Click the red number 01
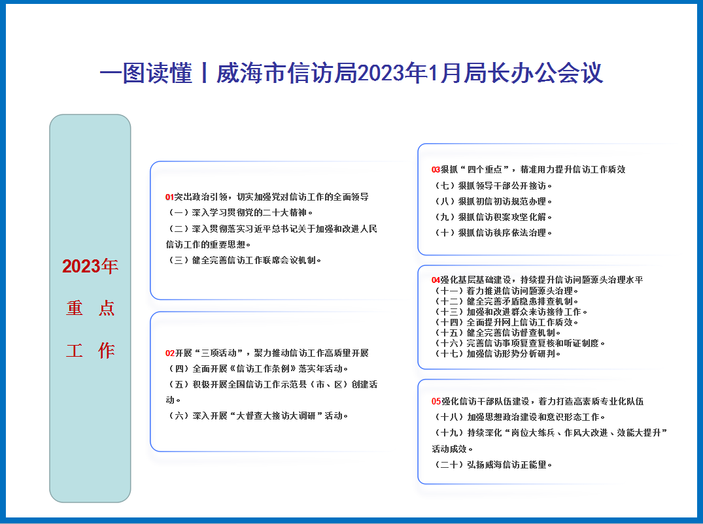[169, 197]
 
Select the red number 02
[170, 353]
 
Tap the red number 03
[436, 170]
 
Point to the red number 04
[436, 280]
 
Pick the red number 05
[436, 401]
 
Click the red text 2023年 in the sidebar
[90, 266]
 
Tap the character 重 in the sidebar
[75, 308]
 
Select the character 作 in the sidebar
[106, 350]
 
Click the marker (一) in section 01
[179, 213]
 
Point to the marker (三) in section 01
[179, 260]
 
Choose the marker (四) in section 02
[179, 369]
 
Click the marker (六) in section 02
[179, 416]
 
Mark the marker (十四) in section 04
[449, 323]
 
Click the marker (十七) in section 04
[449, 354]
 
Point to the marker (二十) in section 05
[449, 465]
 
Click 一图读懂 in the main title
[146, 73]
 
